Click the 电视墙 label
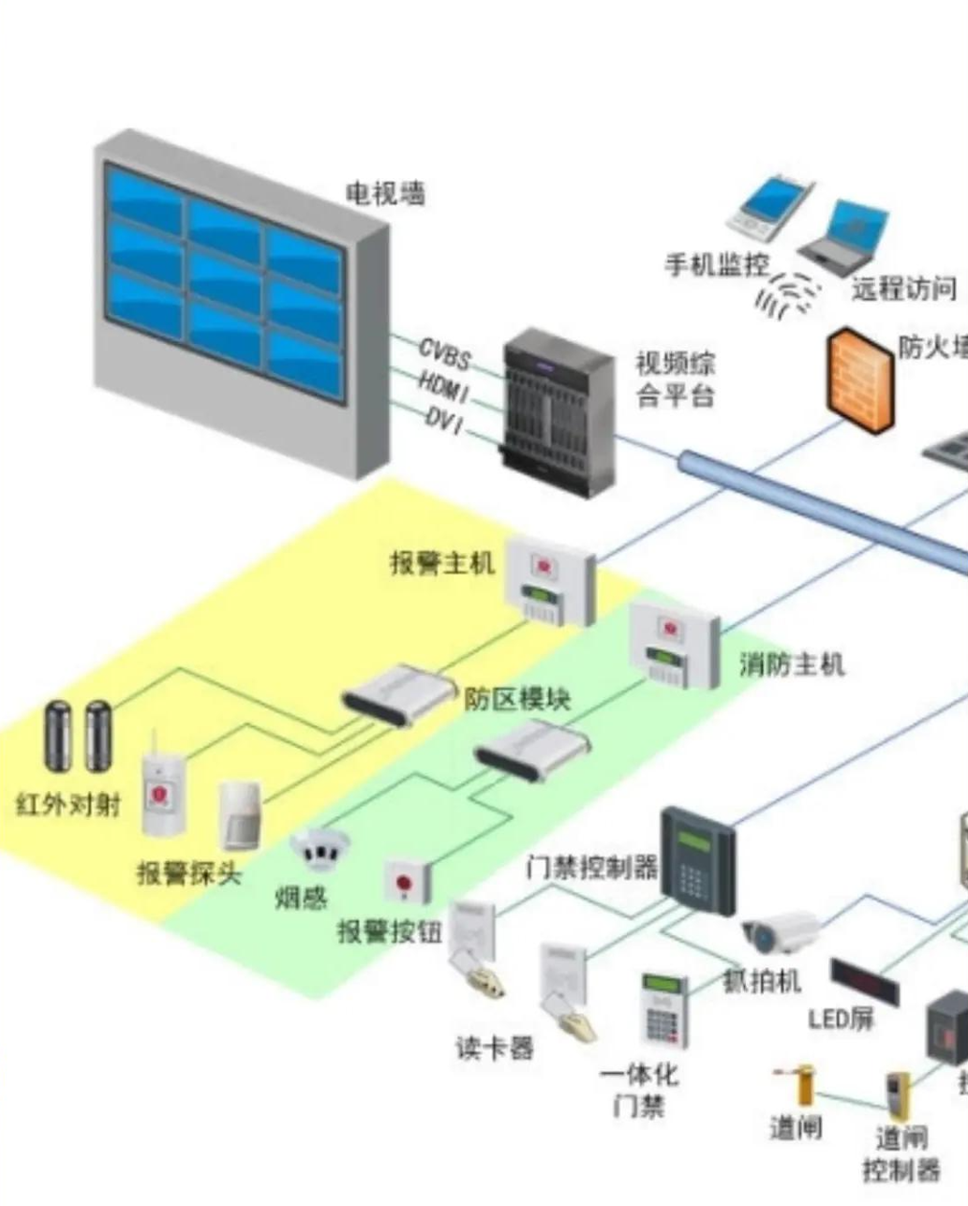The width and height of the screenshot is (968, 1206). tap(385, 194)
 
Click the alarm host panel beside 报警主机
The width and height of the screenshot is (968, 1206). tap(549, 581)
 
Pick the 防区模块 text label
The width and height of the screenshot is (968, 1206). tap(517, 699)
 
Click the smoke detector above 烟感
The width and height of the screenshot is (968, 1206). tap(319, 848)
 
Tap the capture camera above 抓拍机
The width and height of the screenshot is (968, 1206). tap(780, 931)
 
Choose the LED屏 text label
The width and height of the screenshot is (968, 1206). tap(841, 1019)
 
